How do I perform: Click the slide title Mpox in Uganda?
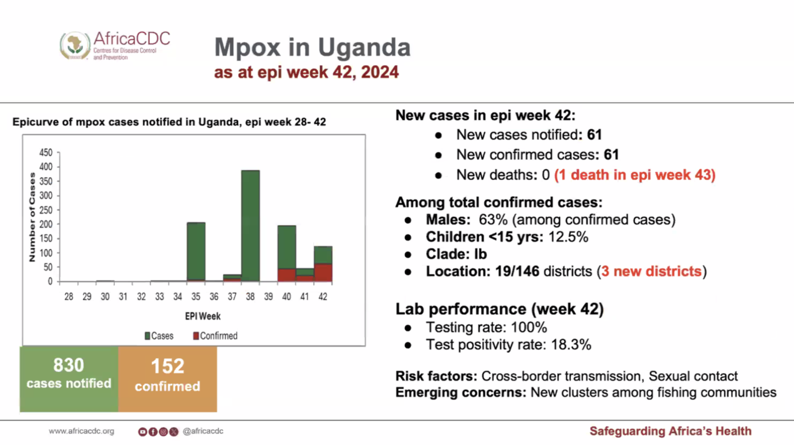point(312,47)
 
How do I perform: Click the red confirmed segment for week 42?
point(323,273)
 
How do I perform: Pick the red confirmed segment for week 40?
point(287,275)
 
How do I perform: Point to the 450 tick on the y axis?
point(46,152)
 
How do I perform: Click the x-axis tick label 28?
point(69,297)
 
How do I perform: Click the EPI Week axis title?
point(203,316)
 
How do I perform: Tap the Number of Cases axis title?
point(32,217)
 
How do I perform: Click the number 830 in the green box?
point(69,365)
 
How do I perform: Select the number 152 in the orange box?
point(167,367)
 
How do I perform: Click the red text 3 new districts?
point(651,272)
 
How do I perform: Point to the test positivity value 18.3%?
point(571,345)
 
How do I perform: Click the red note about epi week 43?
point(635,175)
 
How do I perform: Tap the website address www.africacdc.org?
point(82,431)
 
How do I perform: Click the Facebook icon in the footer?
point(153,432)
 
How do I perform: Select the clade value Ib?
point(480,254)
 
